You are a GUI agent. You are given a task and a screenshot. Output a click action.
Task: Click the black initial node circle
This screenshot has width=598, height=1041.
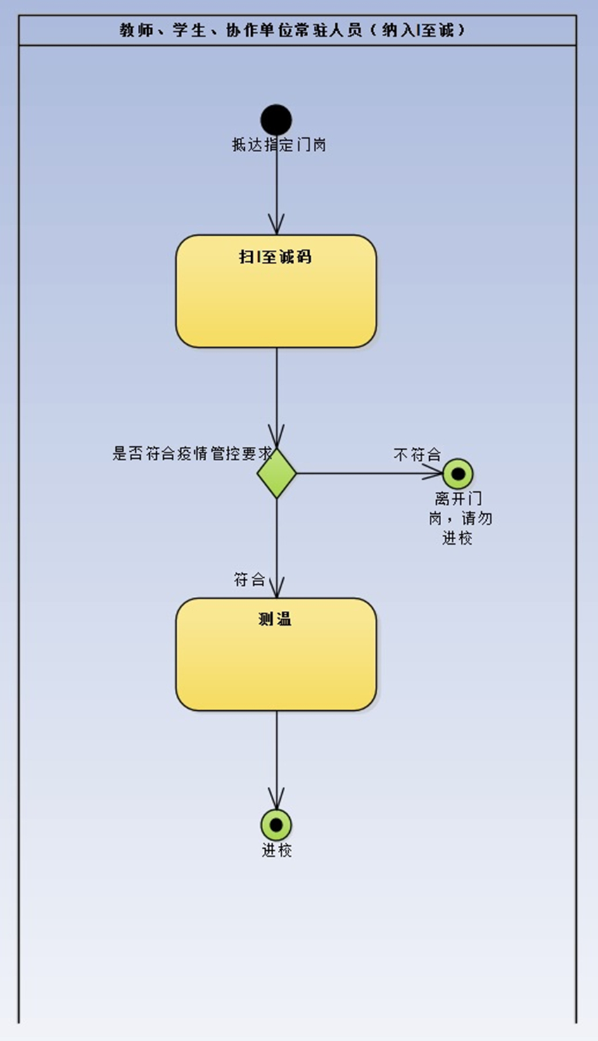tap(276, 120)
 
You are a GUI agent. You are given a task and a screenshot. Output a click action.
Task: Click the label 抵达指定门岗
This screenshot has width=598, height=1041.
tap(279, 145)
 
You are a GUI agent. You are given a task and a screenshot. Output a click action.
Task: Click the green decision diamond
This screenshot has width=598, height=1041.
tap(276, 473)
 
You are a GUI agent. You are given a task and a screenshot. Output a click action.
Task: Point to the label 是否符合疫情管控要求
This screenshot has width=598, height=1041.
tap(191, 453)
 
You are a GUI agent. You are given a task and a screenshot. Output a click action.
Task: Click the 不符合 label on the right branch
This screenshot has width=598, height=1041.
tap(417, 455)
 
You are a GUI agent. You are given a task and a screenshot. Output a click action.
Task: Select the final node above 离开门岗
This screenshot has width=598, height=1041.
tap(458, 474)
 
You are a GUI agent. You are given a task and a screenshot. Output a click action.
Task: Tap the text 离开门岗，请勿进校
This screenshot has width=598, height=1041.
tap(459, 518)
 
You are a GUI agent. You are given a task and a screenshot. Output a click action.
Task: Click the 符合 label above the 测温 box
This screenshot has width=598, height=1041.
tap(249, 579)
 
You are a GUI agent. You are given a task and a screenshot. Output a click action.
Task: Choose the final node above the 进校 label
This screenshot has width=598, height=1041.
tap(276, 824)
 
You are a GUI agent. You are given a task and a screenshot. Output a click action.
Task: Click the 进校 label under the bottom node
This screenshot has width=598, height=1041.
tap(276, 850)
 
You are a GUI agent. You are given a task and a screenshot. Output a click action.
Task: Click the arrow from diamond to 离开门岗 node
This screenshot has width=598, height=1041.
tap(366, 473)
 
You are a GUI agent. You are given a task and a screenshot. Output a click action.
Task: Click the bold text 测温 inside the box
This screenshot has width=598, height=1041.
tap(274, 619)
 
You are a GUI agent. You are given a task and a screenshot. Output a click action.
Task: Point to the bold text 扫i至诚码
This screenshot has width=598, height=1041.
tap(274, 256)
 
